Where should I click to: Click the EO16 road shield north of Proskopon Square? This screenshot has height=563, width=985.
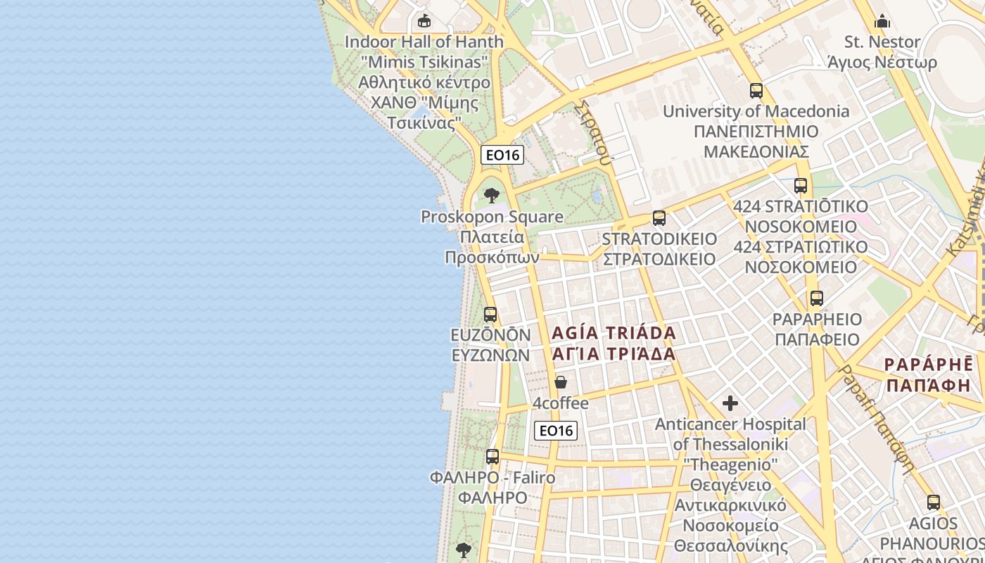502,155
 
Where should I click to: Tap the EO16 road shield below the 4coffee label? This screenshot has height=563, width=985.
555,431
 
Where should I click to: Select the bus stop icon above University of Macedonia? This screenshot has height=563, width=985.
756,91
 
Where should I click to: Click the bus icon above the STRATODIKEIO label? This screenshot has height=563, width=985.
659,218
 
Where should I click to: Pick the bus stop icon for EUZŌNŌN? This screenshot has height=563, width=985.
490,315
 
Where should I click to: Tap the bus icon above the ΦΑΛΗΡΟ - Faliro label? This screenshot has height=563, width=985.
493,457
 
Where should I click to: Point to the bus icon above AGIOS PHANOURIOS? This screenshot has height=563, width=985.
934,503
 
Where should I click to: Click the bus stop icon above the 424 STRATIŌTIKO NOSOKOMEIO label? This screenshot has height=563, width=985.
801,186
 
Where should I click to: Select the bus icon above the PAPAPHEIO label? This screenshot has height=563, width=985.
817,298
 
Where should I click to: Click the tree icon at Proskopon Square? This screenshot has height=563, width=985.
492,196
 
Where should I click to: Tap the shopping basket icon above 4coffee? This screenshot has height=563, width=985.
561,382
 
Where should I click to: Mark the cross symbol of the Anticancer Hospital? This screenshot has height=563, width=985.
730,403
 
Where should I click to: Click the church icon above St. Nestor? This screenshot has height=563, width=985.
882,21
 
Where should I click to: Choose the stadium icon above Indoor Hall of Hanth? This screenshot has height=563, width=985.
424,21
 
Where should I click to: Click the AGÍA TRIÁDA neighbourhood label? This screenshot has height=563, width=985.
614,343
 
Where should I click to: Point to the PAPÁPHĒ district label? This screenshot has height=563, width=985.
929,375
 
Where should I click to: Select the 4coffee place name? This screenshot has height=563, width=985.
560,403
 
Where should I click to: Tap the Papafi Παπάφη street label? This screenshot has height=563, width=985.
878,419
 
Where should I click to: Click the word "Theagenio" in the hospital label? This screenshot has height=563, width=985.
730,464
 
